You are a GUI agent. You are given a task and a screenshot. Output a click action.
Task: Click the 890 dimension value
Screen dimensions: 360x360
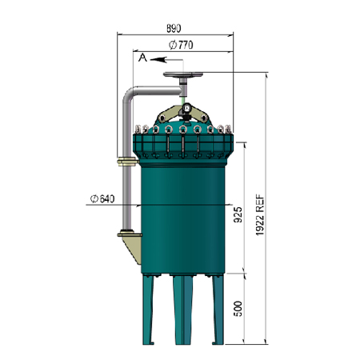click(x=174, y=28)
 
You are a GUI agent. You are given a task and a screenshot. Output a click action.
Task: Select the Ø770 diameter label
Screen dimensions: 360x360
click(x=181, y=45)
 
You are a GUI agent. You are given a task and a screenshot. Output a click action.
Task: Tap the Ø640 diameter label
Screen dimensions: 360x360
click(x=102, y=198)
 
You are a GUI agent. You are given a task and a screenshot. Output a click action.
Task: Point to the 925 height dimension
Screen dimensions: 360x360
click(x=238, y=214)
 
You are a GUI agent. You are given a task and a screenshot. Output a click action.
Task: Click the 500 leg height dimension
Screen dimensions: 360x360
click(x=238, y=309)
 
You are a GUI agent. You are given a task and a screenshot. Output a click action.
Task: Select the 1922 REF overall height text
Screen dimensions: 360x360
click(x=260, y=215)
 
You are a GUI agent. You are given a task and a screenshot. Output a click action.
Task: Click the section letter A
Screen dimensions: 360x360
click(x=142, y=58)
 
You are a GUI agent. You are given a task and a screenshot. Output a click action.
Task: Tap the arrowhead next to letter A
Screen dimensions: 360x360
click(x=158, y=60)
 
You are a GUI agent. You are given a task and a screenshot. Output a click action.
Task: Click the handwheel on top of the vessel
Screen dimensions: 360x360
click(x=183, y=74)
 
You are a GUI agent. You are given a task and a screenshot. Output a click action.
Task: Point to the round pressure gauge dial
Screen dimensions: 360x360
click(x=187, y=108)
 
